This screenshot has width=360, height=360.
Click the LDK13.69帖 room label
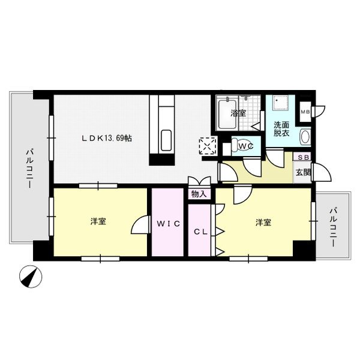pyautogui.click(x=107, y=138)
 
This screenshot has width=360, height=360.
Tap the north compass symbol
pyautogui.click(x=31, y=277)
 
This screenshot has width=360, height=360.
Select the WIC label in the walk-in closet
pyautogui.click(x=168, y=223)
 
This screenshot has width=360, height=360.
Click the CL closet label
pyautogui.click(x=200, y=232)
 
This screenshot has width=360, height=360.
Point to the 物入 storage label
pyautogui.click(x=199, y=194)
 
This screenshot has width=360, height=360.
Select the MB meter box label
pyautogui.click(x=305, y=112)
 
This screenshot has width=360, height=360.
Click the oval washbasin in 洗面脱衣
pyautogui.click(x=305, y=137)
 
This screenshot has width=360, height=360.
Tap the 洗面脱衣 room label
pyautogui.click(x=281, y=129)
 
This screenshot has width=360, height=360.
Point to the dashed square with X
pyautogui.click(x=208, y=146)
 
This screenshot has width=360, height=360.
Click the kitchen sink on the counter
pyautogui.click(x=166, y=140)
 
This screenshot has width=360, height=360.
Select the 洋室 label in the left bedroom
pyautogui.click(x=98, y=221)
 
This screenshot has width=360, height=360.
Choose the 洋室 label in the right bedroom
pyautogui.click(x=263, y=222)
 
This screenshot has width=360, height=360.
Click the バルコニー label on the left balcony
pyautogui.click(x=30, y=169)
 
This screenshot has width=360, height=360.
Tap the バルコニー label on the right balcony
pyautogui.click(x=333, y=227)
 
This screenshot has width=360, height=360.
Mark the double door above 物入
pyautogui.click(x=199, y=181)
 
